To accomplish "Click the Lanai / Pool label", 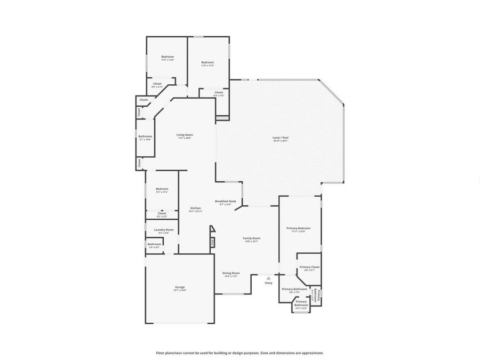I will point(281,138).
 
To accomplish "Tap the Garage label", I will point(180,287).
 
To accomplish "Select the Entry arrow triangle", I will point(269,277).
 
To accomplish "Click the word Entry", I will point(268,283).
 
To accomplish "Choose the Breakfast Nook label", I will point(225,201).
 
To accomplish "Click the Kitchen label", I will point(196,207).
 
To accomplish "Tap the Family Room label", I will point(252,238).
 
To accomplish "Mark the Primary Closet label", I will point(309,267).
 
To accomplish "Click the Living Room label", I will point(185,135).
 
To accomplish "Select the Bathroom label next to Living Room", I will point(145,136).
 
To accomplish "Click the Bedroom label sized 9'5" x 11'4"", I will point(162,189).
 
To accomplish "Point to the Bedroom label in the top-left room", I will point(167,57).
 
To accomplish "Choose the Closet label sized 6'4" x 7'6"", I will point(219,92).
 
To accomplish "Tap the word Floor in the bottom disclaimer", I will point(159,353).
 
